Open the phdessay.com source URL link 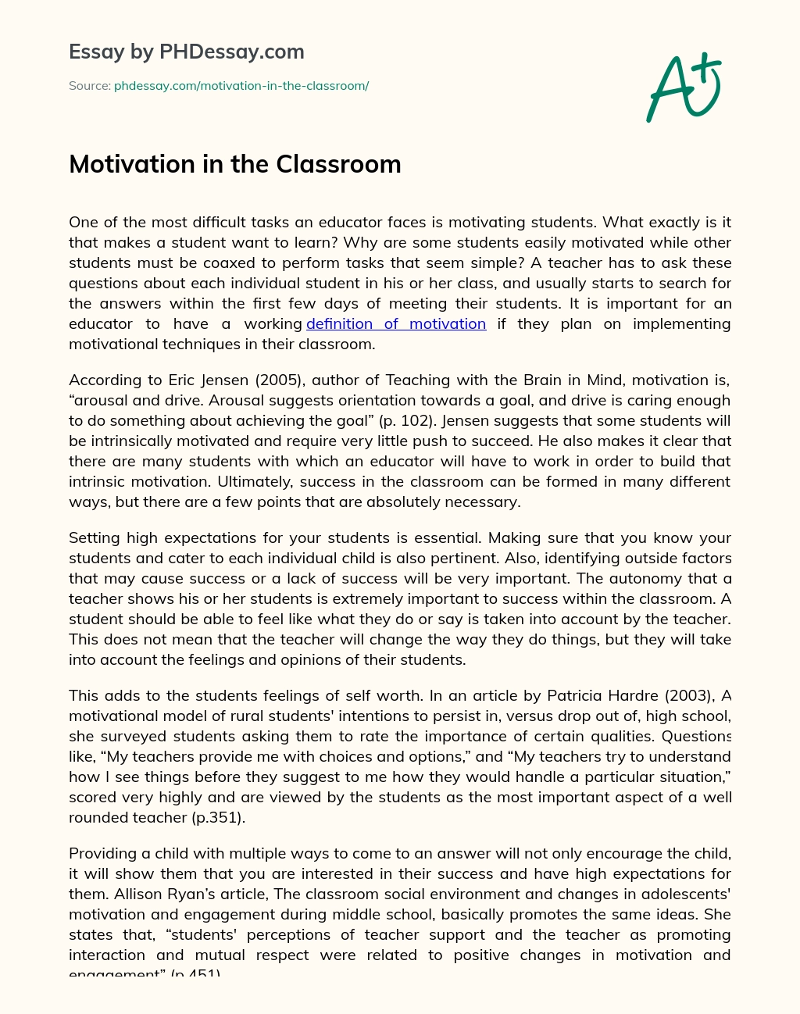coord(241,86)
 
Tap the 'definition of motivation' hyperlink coord(396,323)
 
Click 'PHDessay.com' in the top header coord(232,52)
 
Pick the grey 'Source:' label coord(89,86)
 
